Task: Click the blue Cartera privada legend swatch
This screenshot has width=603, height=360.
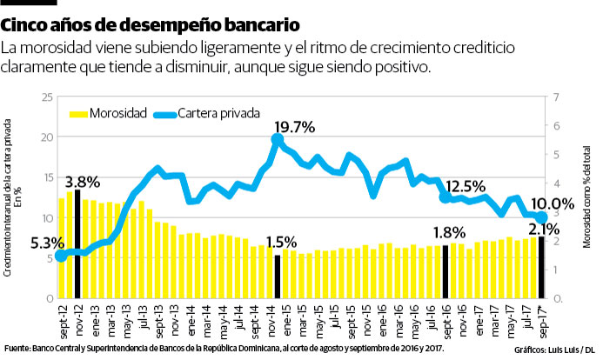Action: (x=164, y=114)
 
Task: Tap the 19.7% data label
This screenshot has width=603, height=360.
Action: (x=293, y=128)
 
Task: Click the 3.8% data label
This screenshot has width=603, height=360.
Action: (x=83, y=183)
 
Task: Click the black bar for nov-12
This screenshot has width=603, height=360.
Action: (x=77, y=244)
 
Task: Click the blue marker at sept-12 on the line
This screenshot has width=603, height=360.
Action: (x=60, y=256)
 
